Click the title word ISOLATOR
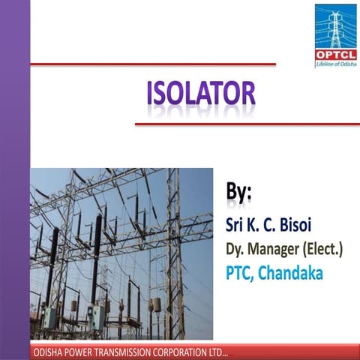(x=201, y=95)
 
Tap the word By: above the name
(x=239, y=190)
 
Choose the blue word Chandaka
(x=288, y=273)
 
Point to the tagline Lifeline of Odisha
(x=335, y=64)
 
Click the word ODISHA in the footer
(x=49, y=352)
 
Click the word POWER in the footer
(x=84, y=352)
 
